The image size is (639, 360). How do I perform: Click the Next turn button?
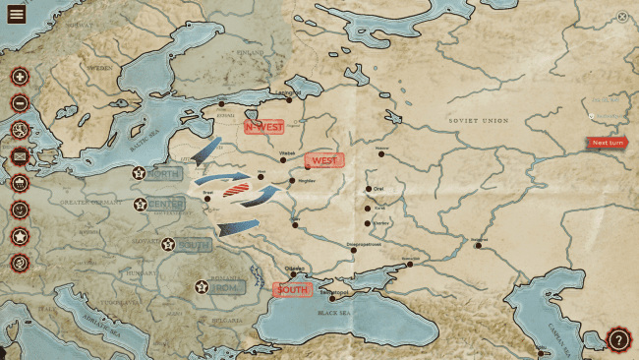click(607, 143)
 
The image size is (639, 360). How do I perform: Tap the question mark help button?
click(618, 339)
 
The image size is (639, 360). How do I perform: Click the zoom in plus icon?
click(20, 77)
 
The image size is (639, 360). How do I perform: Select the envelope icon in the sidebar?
click(20, 155)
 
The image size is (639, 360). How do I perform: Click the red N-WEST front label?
click(263, 126)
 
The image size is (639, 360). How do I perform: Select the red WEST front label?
click(324, 160)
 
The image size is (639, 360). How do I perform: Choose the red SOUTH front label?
click(292, 290)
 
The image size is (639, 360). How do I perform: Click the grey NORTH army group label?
click(163, 174)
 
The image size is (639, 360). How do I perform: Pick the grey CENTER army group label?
click(165, 206)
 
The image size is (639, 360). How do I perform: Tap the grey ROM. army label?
click(225, 287)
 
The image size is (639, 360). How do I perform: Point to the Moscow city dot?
click(381, 153)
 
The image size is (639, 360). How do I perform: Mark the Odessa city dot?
click(292, 274)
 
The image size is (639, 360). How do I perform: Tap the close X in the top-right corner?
click(622, 17)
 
